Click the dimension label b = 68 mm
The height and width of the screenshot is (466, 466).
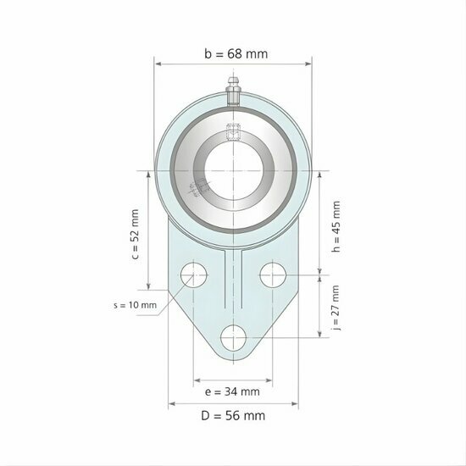point(235,53)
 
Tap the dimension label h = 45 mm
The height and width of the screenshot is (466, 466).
point(336,227)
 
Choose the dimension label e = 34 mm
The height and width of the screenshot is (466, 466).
point(233,391)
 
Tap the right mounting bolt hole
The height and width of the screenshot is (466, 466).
point(273,275)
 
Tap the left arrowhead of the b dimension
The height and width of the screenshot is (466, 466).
point(158,62)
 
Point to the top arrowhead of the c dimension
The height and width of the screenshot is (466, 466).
point(149,173)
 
